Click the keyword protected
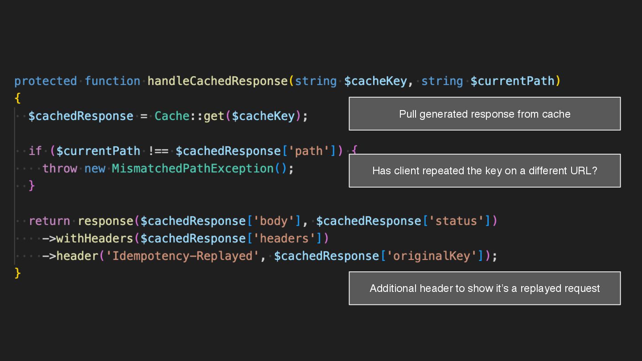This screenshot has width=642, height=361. point(45,81)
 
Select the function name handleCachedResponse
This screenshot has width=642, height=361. point(218,81)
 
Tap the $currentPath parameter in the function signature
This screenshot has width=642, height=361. point(512,81)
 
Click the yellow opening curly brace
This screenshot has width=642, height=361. point(18,98)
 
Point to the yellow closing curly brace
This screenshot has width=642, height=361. point(18,273)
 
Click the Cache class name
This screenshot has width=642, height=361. point(172,116)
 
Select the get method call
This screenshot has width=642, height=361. point(214,116)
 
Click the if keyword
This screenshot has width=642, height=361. point(35,151)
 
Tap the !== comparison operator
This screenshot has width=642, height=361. point(158,151)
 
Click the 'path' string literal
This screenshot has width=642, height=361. point(309,151)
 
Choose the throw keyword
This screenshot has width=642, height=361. point(60,168)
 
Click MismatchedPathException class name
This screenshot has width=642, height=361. point(193,168)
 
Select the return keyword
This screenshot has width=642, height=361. point(49,221)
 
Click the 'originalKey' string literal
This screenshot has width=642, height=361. point(431,256)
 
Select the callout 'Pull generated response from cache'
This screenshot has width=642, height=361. point(485,114)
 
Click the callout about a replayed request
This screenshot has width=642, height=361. point(485,288)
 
